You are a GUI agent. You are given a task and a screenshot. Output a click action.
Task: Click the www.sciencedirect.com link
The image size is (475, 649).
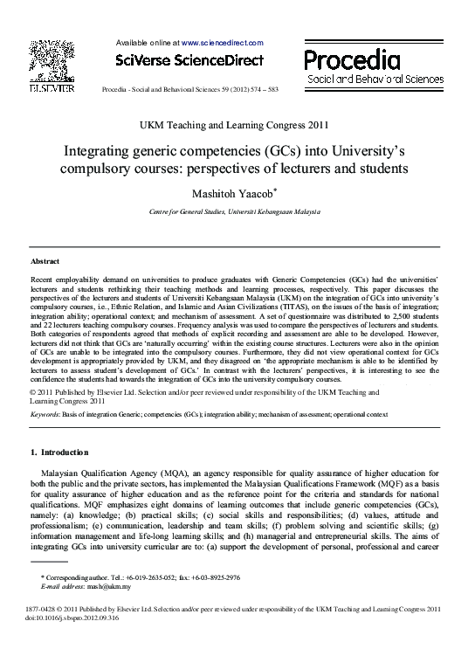pyautogui.click(x=222, y=42)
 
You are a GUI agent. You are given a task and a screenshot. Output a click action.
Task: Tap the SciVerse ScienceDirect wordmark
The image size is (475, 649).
pyautogui.click(x=189, y=59)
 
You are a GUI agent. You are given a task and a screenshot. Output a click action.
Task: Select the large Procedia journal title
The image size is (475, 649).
pyautogui.click(x=353, y=59)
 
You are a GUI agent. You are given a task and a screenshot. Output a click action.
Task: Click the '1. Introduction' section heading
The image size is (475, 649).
pyautogui.click(x=59, y=452)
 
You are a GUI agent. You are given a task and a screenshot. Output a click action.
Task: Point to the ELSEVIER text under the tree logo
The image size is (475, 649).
pyautogui.click(x=52, y=87)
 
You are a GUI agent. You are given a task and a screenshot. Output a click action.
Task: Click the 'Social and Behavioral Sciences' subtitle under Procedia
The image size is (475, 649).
pyautogui.click(x=375, y=79)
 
